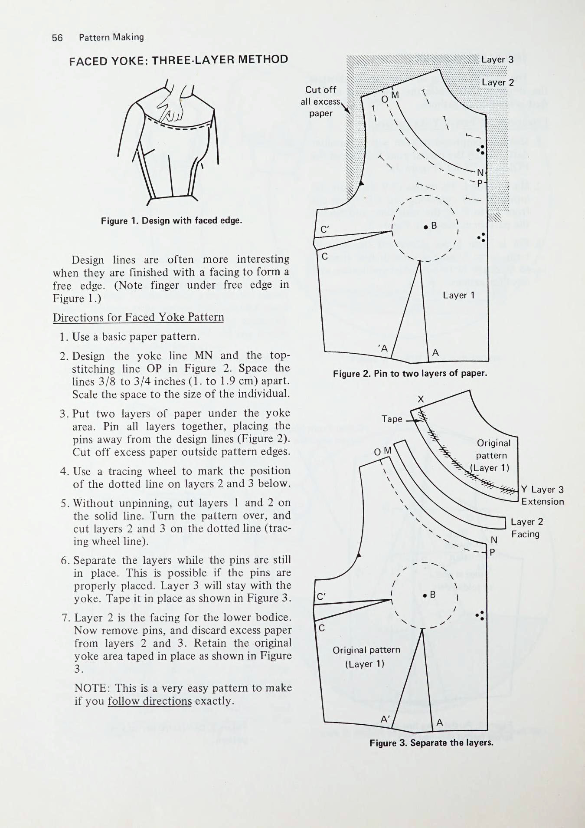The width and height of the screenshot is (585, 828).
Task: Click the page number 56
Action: tap(57, 38)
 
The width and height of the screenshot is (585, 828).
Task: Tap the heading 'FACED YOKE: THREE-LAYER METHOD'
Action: tap(178, 60)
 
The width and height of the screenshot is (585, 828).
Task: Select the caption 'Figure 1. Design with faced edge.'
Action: tap(171, 220)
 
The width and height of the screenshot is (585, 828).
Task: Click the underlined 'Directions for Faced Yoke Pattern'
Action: tap(138, 317)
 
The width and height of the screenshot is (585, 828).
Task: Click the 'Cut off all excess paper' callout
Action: tap(320, 101)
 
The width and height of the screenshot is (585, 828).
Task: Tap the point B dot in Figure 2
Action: tap(426, 227)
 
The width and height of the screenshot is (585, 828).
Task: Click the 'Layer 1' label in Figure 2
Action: tap(458, 295)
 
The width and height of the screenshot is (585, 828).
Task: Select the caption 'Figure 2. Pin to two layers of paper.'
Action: tap(410, 374)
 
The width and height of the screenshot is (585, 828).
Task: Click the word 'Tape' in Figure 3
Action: tap(392, 419)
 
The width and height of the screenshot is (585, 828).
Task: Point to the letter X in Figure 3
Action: tap(420, 399)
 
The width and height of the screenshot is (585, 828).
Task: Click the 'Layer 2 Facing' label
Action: tap(526, 528)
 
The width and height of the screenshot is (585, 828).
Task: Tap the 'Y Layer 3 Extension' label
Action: tap(542, 496)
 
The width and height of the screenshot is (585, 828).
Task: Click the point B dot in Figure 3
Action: tap(425, 595)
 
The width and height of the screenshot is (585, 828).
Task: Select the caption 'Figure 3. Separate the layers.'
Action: tap(431, 743)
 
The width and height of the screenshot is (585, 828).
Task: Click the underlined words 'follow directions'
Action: tap(150, 701)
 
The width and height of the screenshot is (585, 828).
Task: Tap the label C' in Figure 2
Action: tap(325, 230)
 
